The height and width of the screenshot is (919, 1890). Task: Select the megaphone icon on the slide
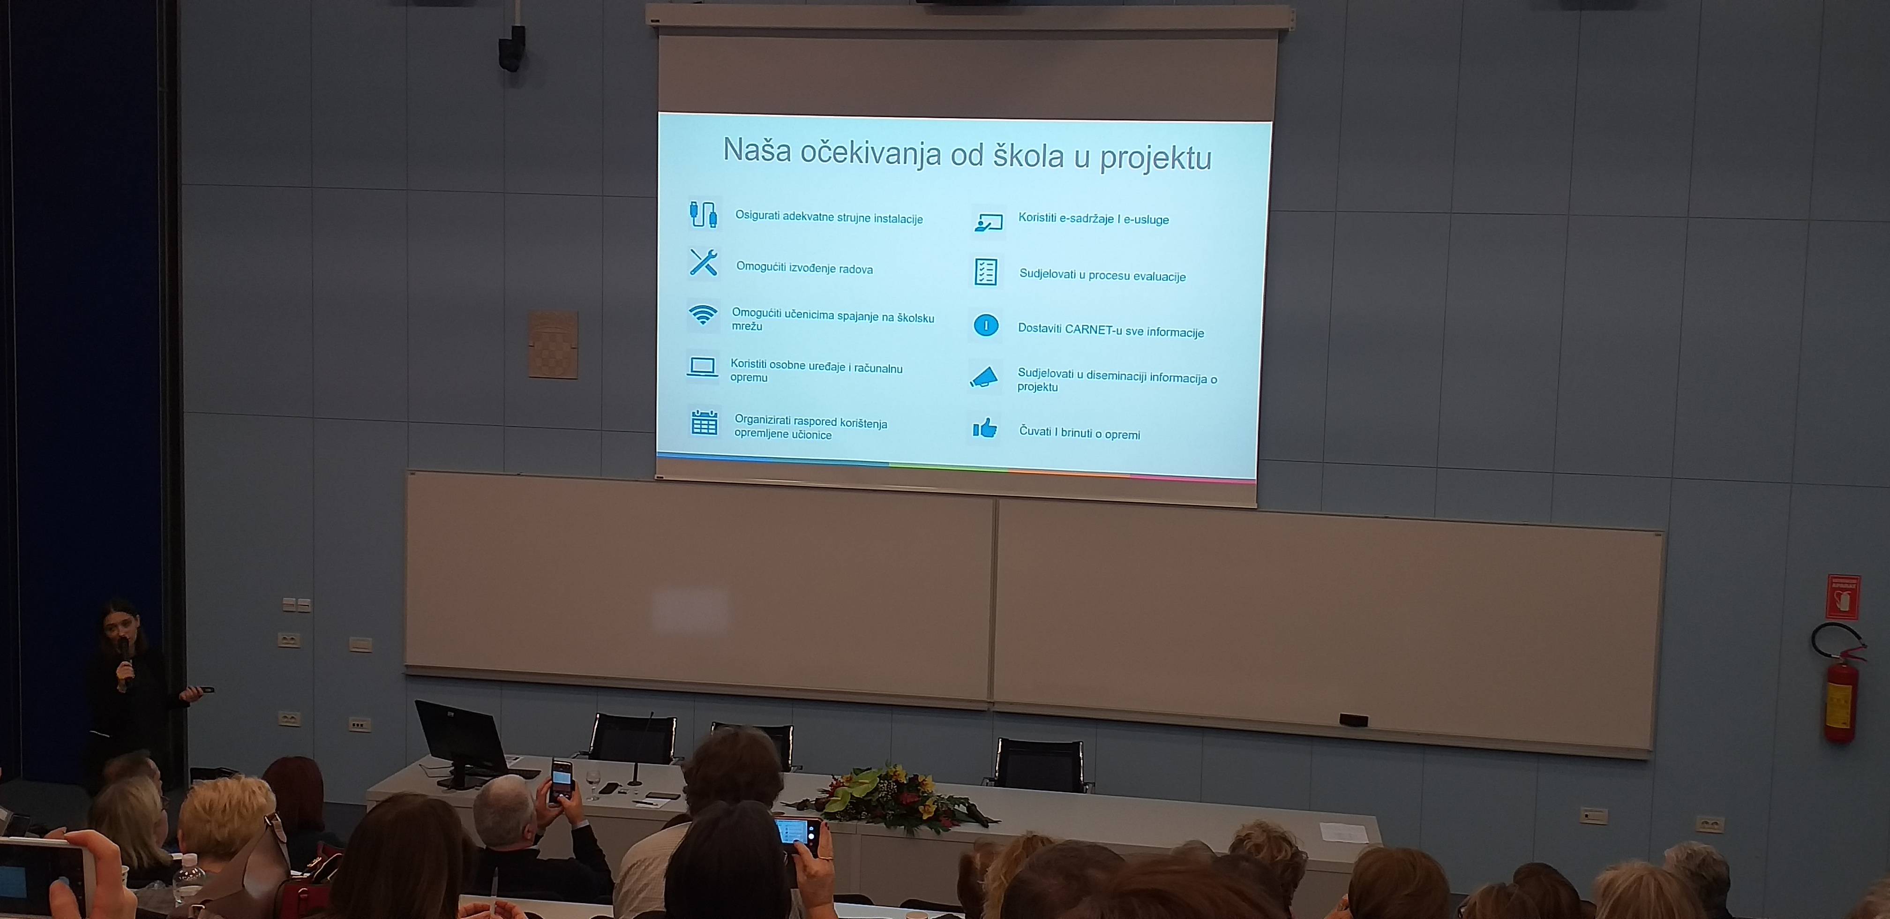click(x=984, y=377)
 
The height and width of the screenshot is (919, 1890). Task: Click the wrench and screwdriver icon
click(x=703, y=262)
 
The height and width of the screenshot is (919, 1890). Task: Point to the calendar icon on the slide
click(x=705, y=422)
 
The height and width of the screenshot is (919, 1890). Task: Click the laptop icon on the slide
click(x=702, y=367)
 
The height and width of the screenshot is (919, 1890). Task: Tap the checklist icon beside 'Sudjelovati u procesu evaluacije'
click(x=985, y=271)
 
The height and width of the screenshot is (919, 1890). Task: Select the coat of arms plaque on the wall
click(x=553, y=344)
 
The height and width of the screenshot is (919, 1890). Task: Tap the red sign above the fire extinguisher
click(x=1843, y=596)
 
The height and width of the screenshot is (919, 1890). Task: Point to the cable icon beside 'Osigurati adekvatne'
click(x=703, y=214)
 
